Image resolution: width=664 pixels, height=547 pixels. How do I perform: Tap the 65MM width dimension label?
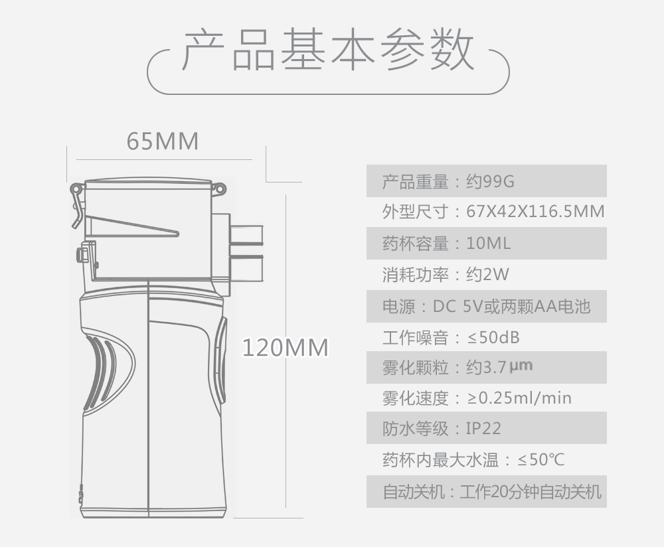[x=163, y=141]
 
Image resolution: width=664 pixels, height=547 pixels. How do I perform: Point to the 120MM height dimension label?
[x=286, y=347]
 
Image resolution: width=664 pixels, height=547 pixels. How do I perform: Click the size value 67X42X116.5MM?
[x=535, y=212]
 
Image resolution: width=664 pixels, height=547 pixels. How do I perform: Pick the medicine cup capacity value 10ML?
[x=489, y=243]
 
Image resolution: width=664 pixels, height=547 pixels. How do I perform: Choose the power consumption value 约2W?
[x=487, y=274]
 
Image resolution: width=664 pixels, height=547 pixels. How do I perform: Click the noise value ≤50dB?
[x=493, y=337]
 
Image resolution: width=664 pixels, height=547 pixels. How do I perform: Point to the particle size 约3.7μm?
[x=500, y=367]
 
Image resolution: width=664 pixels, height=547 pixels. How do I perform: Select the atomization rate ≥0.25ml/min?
[x=519, y=398]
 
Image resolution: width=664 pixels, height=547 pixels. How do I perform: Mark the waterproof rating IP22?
[x=483, y=429]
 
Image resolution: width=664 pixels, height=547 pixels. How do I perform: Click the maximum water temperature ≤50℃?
[x=541, y=459]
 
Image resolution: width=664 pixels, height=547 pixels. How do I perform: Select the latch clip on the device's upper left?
[x=76, y=199]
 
